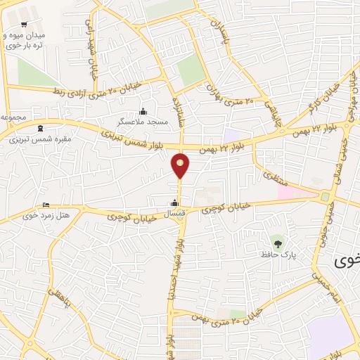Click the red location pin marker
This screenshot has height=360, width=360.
[180, 165]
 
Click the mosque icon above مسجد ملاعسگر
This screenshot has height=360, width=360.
[143, 111]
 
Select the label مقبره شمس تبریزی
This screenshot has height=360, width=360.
[34, 139]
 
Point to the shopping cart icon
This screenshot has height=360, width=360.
[25, 24]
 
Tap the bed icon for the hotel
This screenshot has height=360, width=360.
[46, 205]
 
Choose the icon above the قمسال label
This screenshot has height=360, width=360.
[175, 204]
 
